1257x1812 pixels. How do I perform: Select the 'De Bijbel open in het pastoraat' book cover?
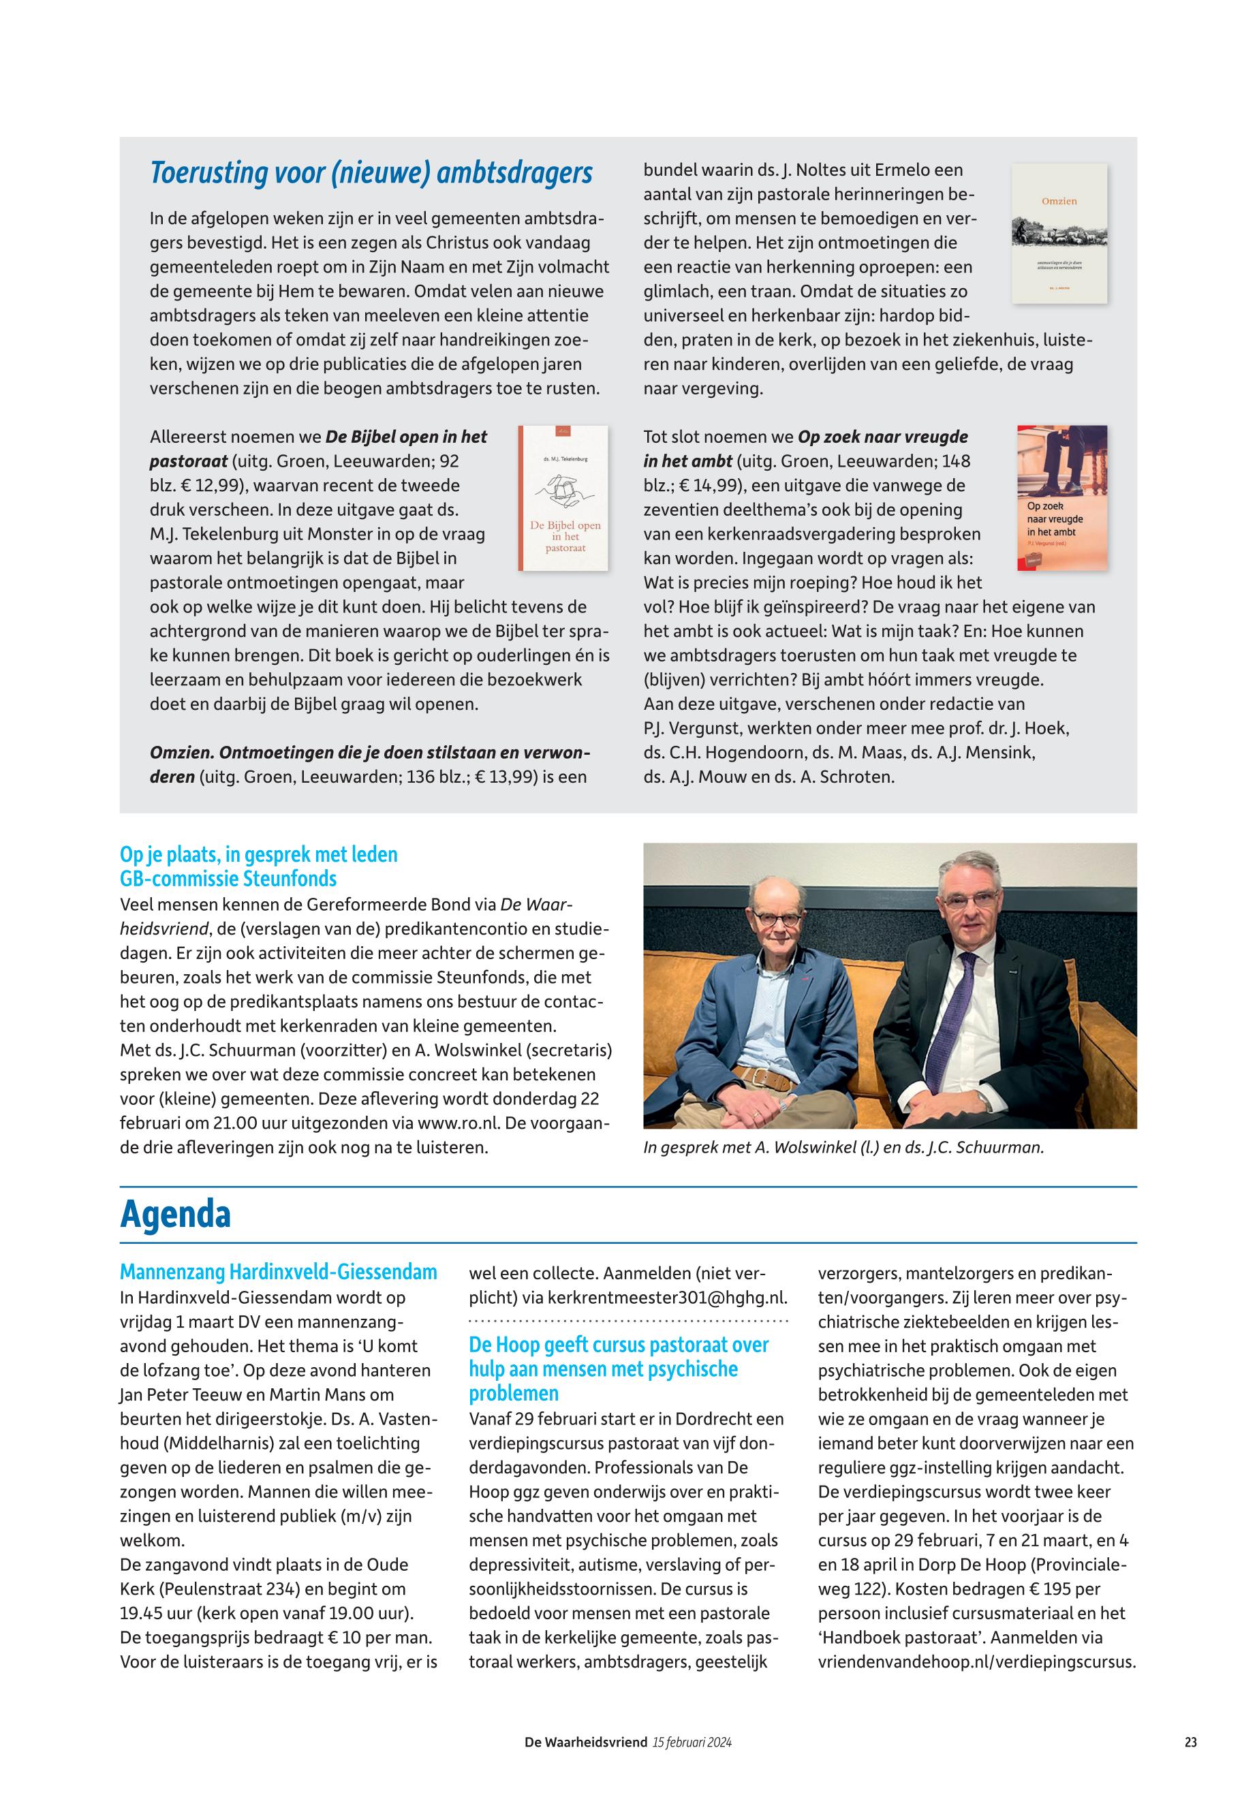(563, 498)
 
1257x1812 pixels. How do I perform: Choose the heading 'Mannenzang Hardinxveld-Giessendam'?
(278, 1272)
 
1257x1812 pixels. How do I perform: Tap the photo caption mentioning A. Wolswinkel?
(843, 1147)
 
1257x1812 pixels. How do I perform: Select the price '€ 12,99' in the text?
(203, 486)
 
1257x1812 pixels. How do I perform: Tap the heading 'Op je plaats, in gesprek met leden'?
(258, 855)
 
